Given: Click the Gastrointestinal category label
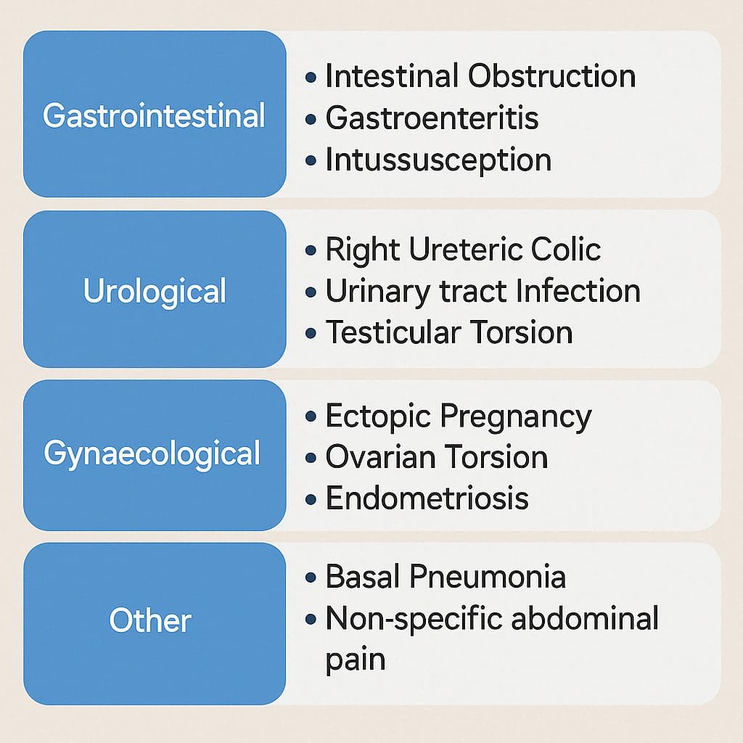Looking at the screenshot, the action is pyautogui.click(x=154, y=115).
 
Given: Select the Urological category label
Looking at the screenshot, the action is pyautogui.click(x=155, y=292).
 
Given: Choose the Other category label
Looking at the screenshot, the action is pyautogui.click(x=150, y=620).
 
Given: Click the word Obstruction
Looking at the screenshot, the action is pyautogui.click(x=552, y=75).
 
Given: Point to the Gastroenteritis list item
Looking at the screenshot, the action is pyautogui.click(x=432, y=118).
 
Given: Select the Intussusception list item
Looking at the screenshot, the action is pyautogui.click(x=438, y=160).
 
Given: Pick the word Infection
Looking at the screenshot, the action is pyautogui.click(x=578, y=290).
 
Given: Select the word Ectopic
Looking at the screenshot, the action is pyautogui.click(x=378, y=417).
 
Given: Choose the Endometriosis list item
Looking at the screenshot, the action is pyautogui.click(x=427, y=498).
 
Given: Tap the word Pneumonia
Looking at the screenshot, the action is pyautogui.click(x=488, y=576).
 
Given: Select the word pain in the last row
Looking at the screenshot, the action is pyautogui.click(x=356, y=660).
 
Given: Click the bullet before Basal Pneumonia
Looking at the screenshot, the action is pyautogui.click(x=311, y=578).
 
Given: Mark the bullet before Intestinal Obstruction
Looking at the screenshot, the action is pyautogui.click(x=311, y=77).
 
